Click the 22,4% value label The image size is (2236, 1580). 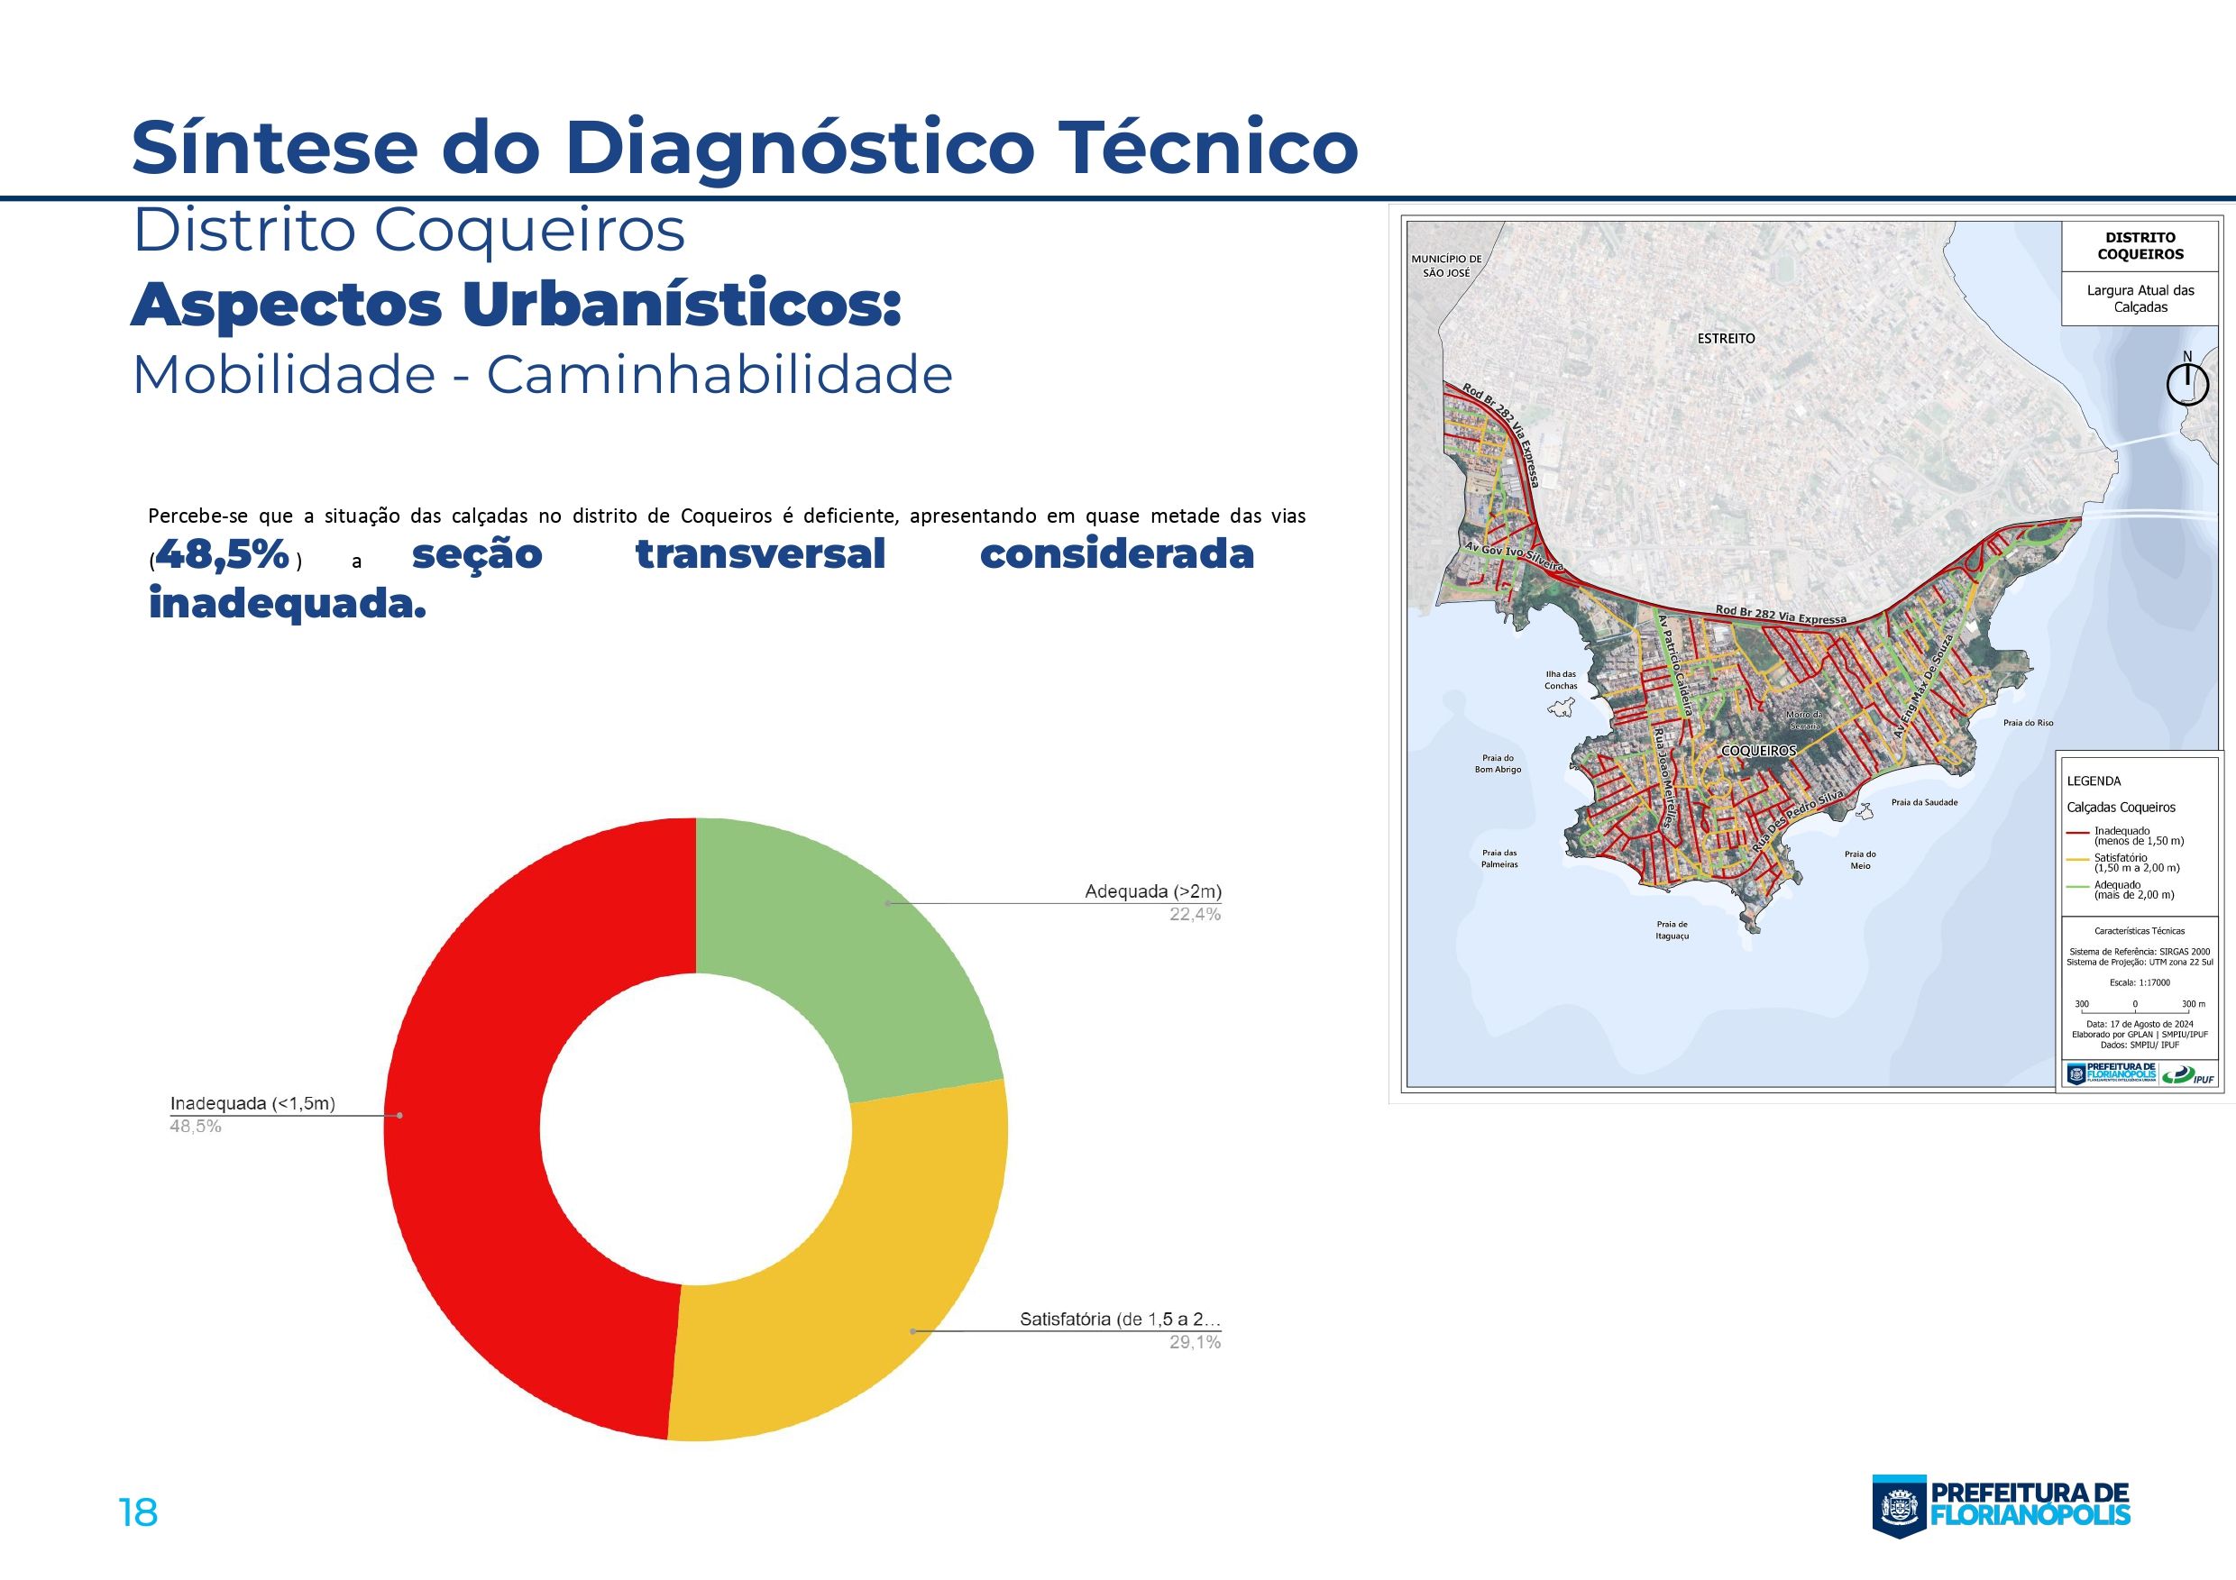pos(1195,914)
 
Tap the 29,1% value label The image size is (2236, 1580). pos(1195,1341)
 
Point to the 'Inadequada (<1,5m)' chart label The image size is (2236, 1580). pos(252,1103)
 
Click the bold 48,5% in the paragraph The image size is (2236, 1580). pos(223,554)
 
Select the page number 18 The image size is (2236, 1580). pos(137,1512)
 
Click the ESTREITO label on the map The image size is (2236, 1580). pos(1726,338)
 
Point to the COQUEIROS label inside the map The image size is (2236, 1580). pos(1758,751)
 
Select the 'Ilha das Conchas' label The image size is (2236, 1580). pos(1560,680)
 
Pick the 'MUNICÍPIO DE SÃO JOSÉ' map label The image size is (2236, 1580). pos(1446,266)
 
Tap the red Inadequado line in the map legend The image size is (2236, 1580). pos(2079,834)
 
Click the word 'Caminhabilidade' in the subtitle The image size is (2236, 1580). pos(719,375)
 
